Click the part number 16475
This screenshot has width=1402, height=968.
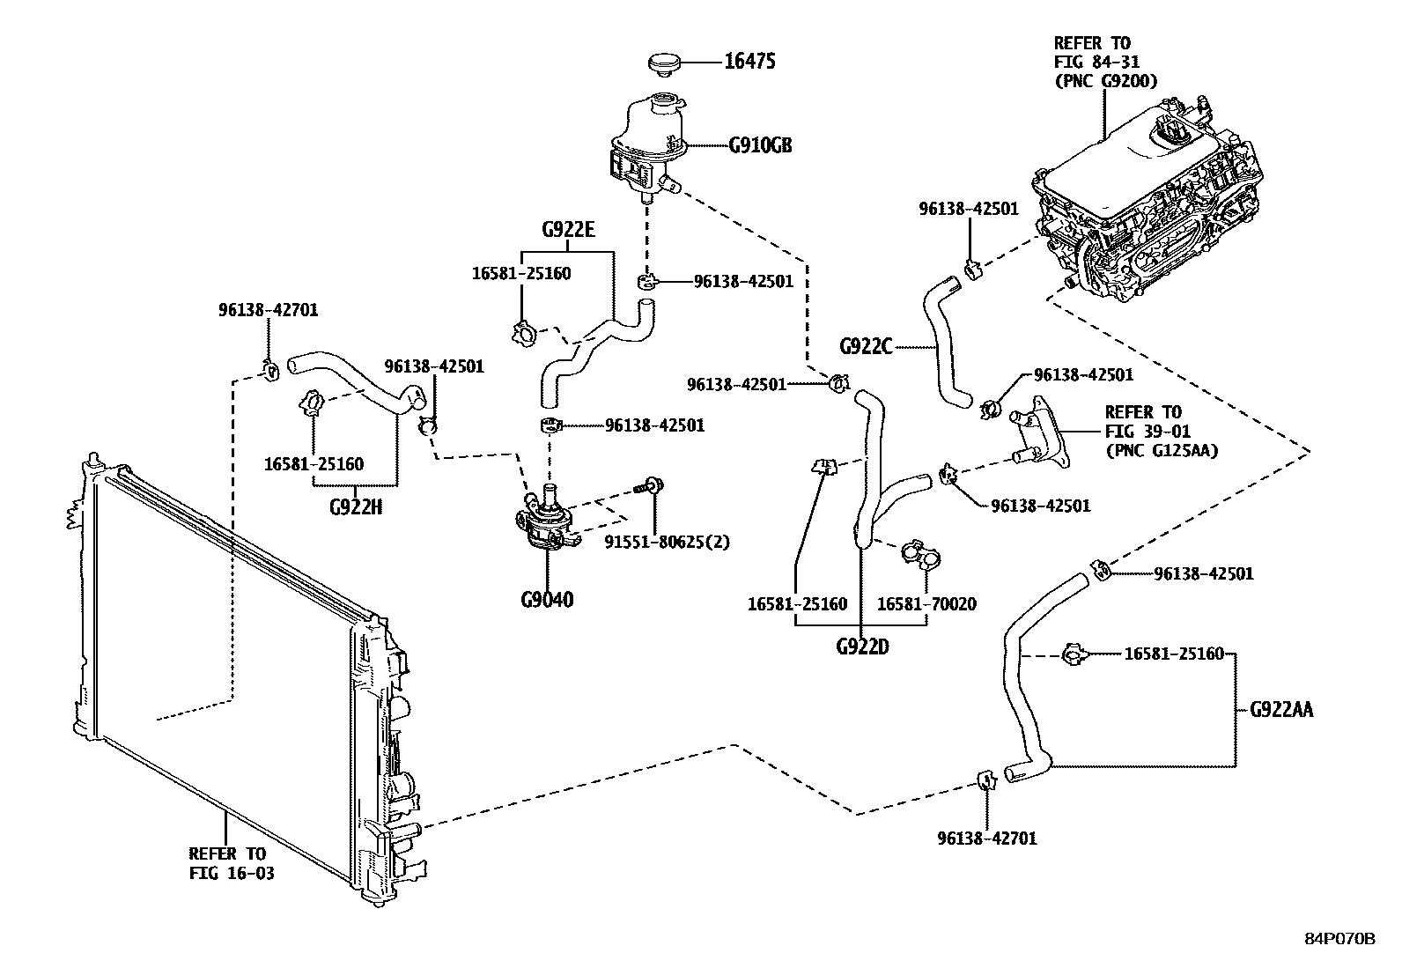(749, 62)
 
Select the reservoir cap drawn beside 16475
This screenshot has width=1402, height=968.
(666, 64)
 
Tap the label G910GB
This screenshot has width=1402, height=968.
(760, 145)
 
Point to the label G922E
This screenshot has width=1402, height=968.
(568, 231)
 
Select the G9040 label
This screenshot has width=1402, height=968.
(546, 601)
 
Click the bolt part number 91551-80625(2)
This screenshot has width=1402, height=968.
(667, 541)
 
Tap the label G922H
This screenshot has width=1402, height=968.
(356, 506)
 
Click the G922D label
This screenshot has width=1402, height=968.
(862, 647)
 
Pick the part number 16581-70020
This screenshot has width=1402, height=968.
(926, 604)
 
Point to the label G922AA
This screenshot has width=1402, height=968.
(1281, 710)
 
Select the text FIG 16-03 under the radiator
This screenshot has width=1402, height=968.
(232, 874)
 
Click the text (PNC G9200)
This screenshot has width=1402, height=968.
(1104, 81)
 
